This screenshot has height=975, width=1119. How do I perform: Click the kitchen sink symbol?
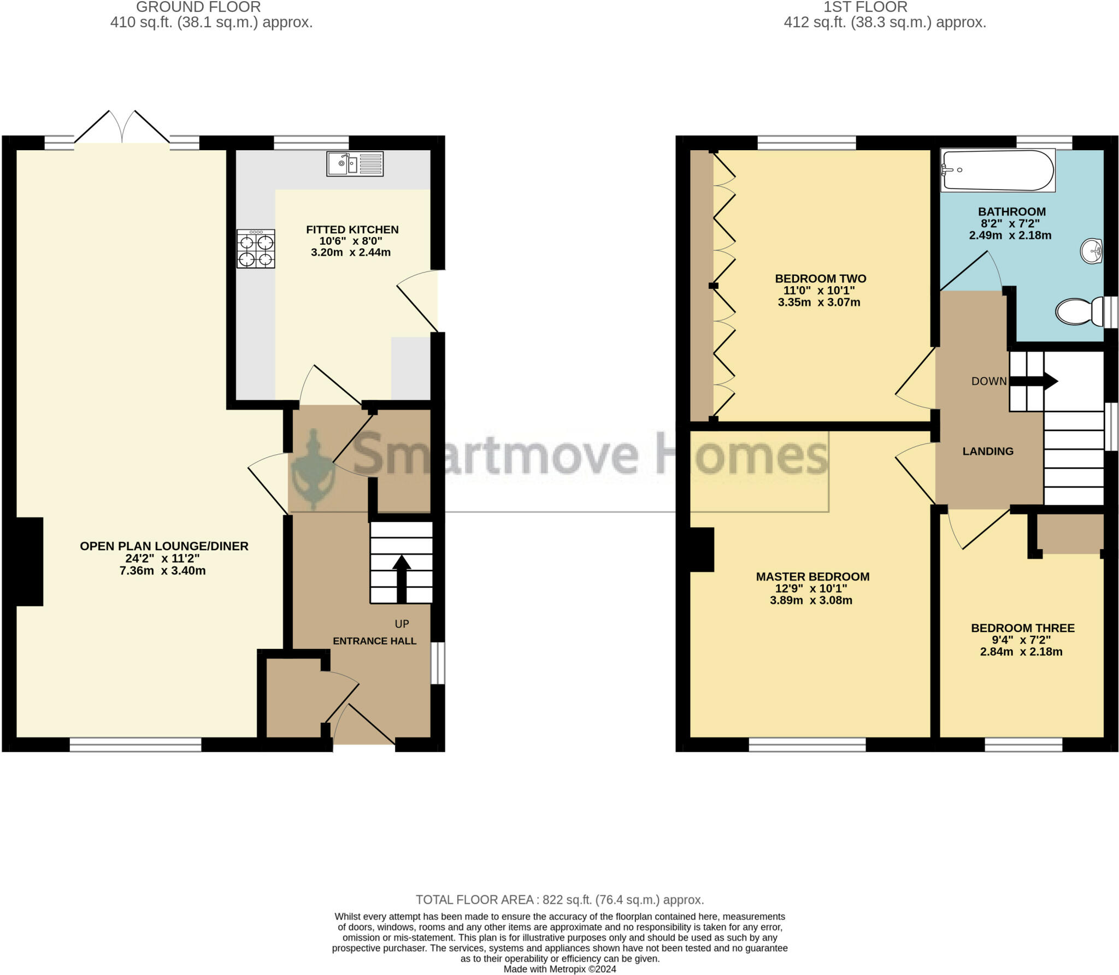tap(355, 164)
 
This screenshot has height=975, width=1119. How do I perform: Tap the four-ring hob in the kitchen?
tap(256, 249)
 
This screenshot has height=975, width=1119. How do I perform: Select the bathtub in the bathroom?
tap(998, 171)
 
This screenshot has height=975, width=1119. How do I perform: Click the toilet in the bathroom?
tap(1080, 311)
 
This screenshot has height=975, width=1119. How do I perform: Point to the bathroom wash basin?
tap(1092, 252)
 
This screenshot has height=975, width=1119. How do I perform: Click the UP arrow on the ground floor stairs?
tap(402, 578)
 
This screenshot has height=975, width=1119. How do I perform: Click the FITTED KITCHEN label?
tap(352, 229)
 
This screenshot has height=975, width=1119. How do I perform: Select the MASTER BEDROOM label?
tap(812, 576)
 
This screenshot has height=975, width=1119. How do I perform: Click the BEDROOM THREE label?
tap(1023, 628)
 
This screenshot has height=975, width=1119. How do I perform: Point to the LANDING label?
tap(988, 451)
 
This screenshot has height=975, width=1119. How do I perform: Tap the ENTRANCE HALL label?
tap(375, 641)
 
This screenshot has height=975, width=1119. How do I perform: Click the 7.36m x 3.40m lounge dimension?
tap(163, 571)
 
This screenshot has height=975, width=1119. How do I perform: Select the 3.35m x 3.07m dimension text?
tap(819, 302)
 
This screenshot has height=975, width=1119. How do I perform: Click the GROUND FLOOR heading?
tap(198, 7)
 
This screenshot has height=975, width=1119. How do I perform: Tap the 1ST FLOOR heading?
tap(865, 7)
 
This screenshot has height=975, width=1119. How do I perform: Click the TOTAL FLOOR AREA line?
tap(560, 900)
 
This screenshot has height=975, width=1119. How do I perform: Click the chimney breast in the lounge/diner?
tap(30, 562)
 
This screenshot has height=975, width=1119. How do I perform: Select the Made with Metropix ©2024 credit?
tap(559, 969)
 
